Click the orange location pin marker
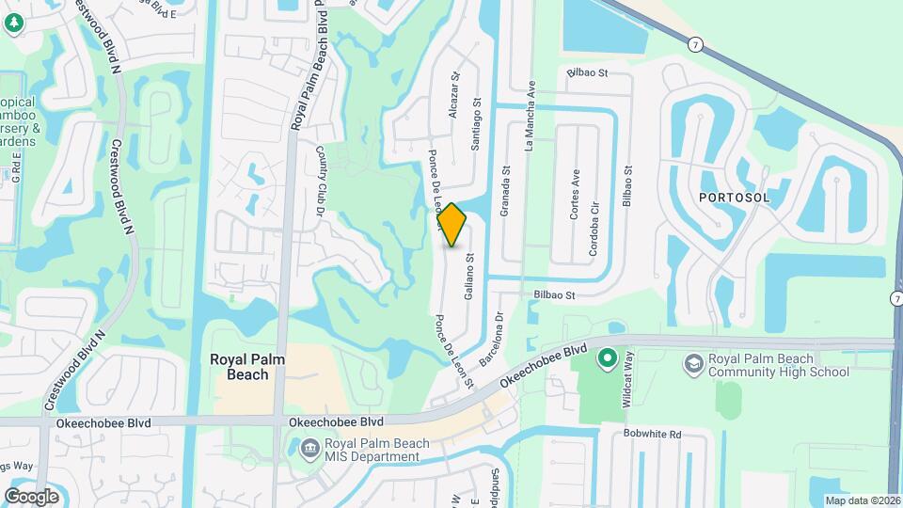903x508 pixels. click(x=451, y=224)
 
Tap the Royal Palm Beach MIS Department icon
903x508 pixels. click(x=309, y=450)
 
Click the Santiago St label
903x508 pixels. click(x=476, y=124)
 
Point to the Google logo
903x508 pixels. click(x=32, y=496)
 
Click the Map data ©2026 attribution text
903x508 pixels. click(x=863, y=500)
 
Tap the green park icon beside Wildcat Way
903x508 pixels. click(x=607, y=357)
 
